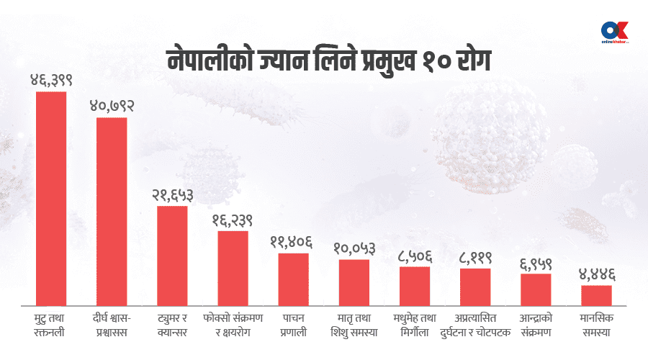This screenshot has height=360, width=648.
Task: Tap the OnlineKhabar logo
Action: tap(614, 33)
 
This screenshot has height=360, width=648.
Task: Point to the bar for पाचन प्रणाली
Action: tap(294, 276)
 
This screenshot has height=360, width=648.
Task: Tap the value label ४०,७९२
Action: tap(112, 106)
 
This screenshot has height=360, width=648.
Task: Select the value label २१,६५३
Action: tap(173, 195)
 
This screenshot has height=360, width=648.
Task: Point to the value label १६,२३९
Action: tap(233, 220)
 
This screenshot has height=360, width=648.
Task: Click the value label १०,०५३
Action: tap(354, 248)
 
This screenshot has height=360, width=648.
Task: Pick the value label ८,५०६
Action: tap(415, 256)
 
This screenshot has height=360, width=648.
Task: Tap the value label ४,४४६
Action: tap(596, 274)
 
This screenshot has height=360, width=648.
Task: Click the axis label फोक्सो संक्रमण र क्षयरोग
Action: tap(233, 325)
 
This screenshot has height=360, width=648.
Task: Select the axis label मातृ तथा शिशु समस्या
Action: tap(354, 325)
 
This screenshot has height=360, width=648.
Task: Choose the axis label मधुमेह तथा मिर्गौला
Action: tap(415, 325)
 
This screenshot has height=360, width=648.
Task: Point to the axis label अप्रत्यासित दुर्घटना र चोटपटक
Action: tap(475, 325)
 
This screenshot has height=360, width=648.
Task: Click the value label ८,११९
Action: tap(475, 258)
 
